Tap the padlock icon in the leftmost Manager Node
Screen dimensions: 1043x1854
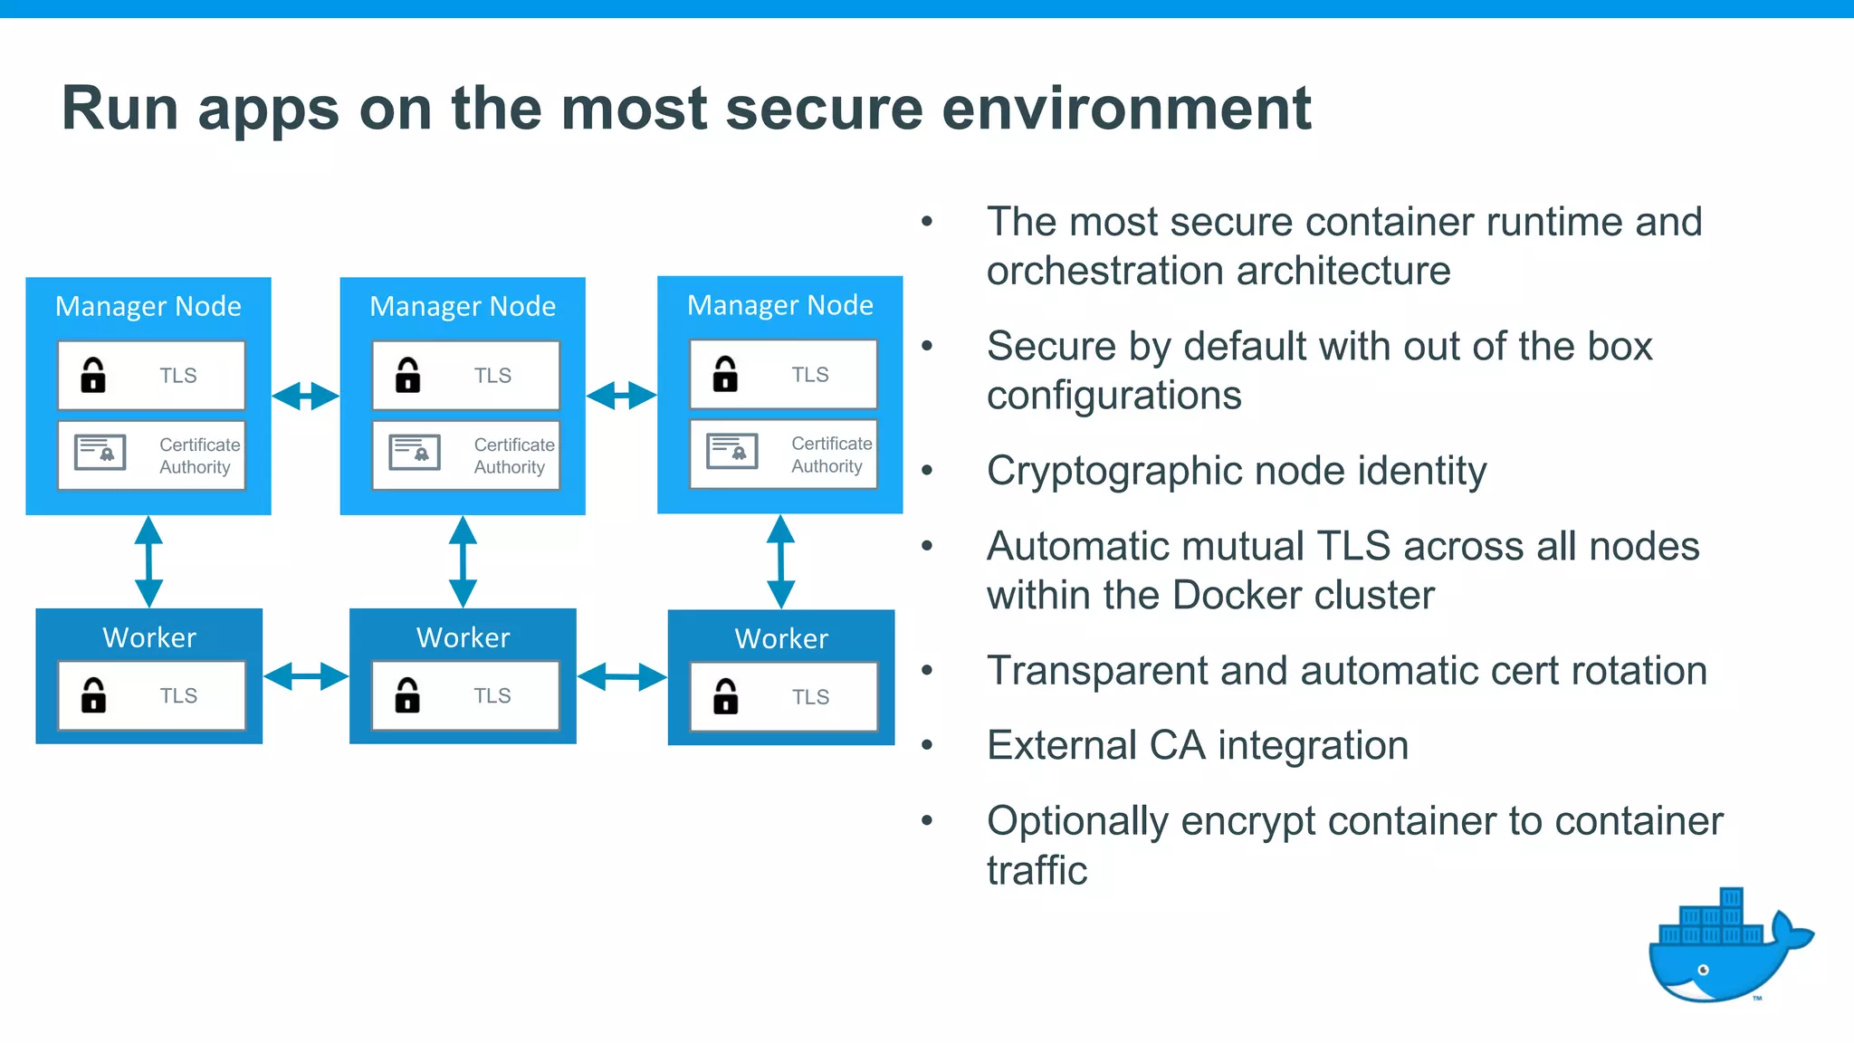click(93, 375)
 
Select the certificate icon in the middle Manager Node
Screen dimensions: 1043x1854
click(415, 452)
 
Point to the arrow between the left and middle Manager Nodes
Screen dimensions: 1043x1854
click(305, 396)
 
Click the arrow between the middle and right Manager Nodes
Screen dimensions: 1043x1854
click(621, 396)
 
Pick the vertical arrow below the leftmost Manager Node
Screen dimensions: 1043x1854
click(148, 561)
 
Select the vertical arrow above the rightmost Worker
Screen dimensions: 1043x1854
click(780, 561)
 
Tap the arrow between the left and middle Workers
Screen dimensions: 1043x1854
click(306, 676)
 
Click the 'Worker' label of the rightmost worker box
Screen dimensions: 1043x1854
click(781, 639)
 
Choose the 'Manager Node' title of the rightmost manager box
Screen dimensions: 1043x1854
click(780, 306)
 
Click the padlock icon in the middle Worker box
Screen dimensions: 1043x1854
click(407, 695)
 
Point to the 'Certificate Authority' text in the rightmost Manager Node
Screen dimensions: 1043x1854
click(831, 455)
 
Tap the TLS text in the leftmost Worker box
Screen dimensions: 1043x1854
click(178, 696)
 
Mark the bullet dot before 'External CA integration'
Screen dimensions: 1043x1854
click(927, 745)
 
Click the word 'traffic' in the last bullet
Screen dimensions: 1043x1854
click(1037, 870)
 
